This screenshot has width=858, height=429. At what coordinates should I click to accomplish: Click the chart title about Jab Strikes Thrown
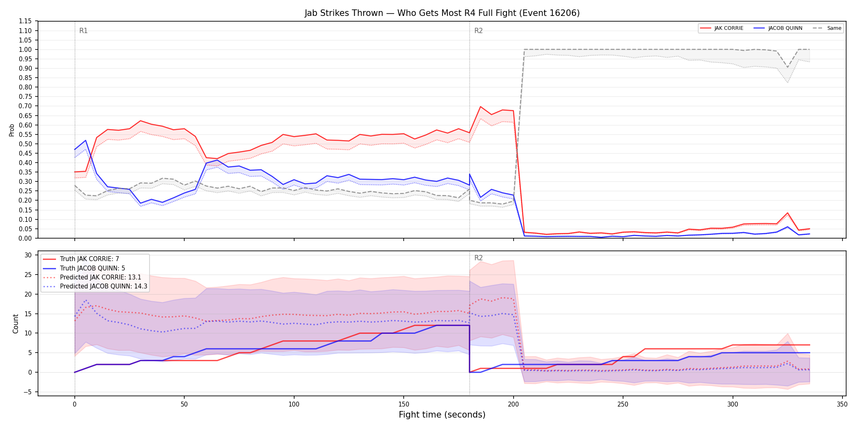(442, 13)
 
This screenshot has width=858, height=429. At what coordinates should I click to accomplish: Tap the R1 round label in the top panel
(83, 31)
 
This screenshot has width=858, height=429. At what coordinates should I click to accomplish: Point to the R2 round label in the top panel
(478, 31)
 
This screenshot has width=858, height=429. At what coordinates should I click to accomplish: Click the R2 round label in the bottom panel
(478, 258)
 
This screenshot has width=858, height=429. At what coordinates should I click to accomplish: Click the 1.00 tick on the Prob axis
(25, 49)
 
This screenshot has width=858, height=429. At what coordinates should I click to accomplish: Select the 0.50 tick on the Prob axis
(25, 144)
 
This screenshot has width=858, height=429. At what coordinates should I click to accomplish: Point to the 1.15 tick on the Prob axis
(25, 21)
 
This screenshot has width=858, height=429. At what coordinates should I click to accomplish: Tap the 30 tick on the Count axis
(28, 255)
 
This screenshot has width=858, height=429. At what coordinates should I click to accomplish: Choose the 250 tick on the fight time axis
(623, 404)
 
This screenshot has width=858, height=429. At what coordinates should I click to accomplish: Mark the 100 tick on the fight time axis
(294, 404)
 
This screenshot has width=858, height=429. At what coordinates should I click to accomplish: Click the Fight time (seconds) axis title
(442, 415)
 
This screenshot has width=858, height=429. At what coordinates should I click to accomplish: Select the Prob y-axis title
(12, 130)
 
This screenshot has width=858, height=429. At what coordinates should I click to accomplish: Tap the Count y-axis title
(16, 324)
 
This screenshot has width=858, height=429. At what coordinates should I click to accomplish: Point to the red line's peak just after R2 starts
(480, 107)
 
